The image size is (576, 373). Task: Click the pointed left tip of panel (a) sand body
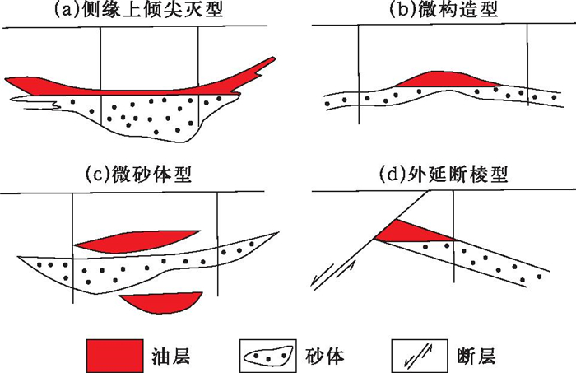coord(18,100)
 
